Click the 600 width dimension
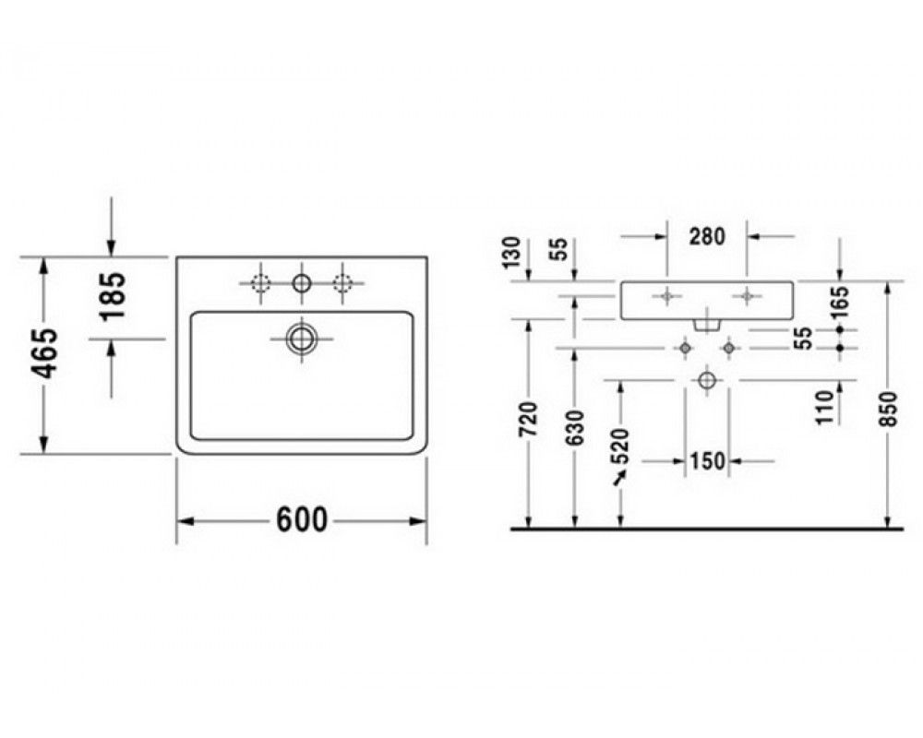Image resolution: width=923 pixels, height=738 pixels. pos(301,519)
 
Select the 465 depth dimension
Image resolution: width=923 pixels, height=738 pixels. pos(44,353)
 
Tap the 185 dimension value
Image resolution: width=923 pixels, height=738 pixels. pos(113,295)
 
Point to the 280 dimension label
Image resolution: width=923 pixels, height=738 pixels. pos(707,236)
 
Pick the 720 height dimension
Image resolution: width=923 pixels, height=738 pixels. pos(529,420)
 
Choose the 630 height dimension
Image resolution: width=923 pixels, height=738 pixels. pos(576,427)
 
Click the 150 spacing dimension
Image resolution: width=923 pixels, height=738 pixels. pos(707,461)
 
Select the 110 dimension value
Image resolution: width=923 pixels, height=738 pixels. pos(827,407)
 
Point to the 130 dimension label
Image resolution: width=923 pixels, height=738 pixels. pos(512,252)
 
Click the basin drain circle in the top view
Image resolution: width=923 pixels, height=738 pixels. pos(302,339)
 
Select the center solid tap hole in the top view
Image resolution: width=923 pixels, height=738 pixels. pos(302,283)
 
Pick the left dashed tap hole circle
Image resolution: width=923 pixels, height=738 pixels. pos(259,283)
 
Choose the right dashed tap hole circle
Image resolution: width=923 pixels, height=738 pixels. pos(342,283)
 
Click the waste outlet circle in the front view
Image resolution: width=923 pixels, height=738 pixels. pos(707,380)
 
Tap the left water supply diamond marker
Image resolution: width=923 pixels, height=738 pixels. pos(684,349)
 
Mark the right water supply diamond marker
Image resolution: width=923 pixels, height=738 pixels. pos(729,349)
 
